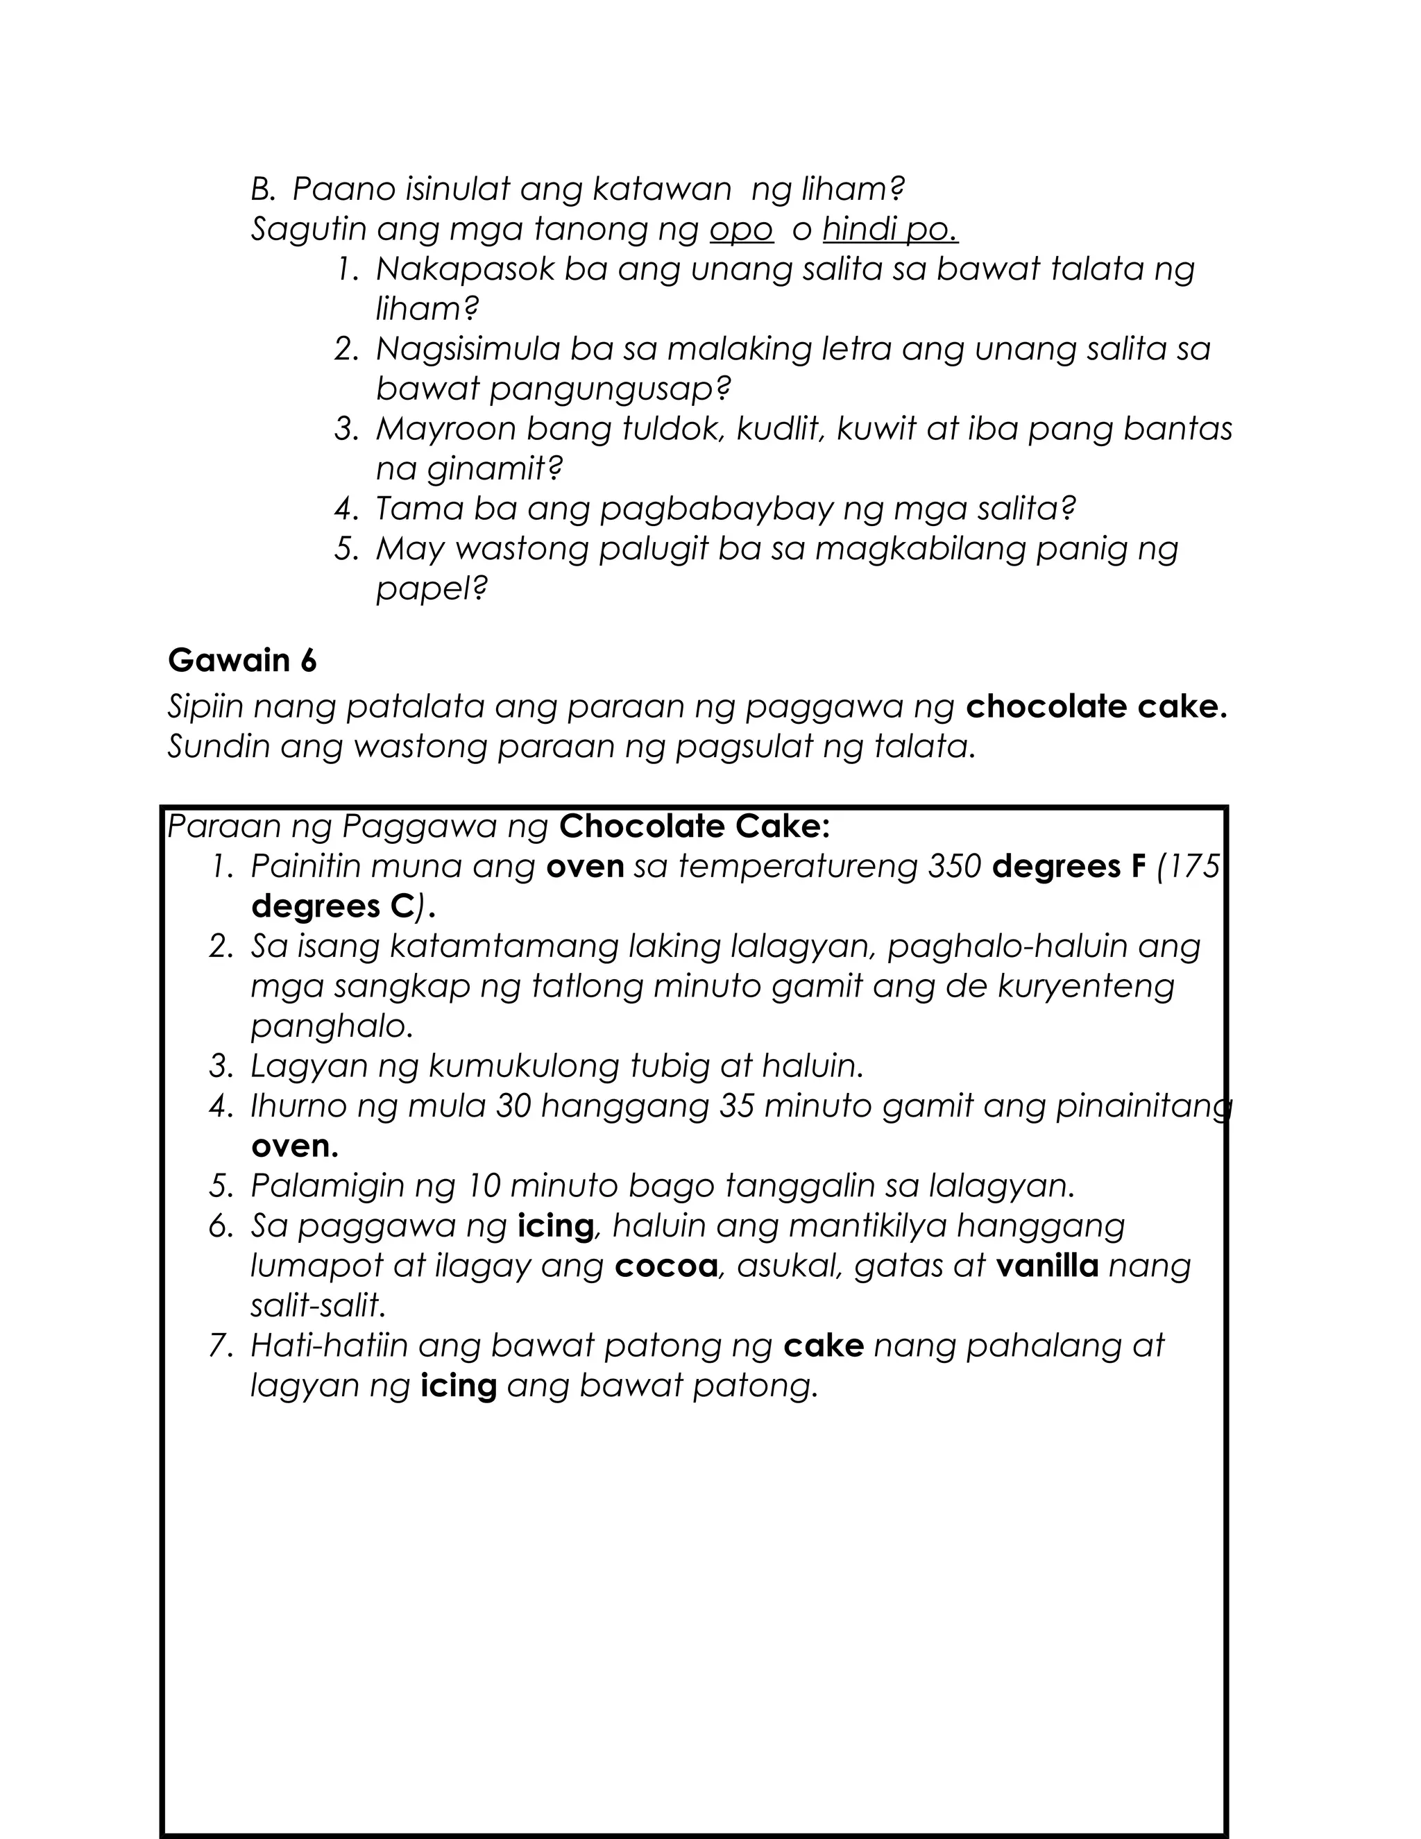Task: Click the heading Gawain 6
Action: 241,661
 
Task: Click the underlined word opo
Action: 741,230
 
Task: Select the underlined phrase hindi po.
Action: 890,230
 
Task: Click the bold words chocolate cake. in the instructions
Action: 1096,706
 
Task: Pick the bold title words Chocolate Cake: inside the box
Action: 695,827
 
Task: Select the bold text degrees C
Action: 332,907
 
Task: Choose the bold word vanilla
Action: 1046,1266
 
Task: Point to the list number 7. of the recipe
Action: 221,1346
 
